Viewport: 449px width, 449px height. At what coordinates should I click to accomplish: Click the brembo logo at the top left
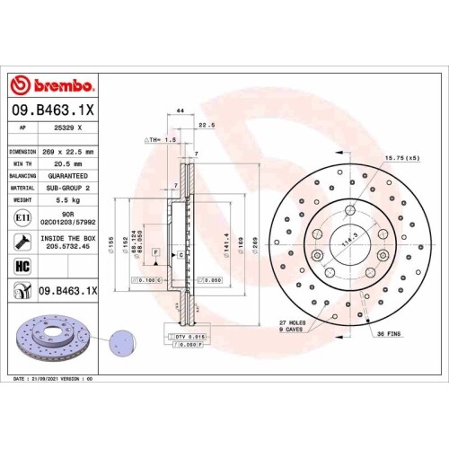pos(51,85)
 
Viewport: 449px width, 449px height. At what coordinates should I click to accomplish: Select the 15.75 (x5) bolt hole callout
pos(401,158)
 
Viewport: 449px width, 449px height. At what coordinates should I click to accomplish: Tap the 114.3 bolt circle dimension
pos(344,241)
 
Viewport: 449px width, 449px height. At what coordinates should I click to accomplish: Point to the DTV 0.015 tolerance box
pos(187,335)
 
